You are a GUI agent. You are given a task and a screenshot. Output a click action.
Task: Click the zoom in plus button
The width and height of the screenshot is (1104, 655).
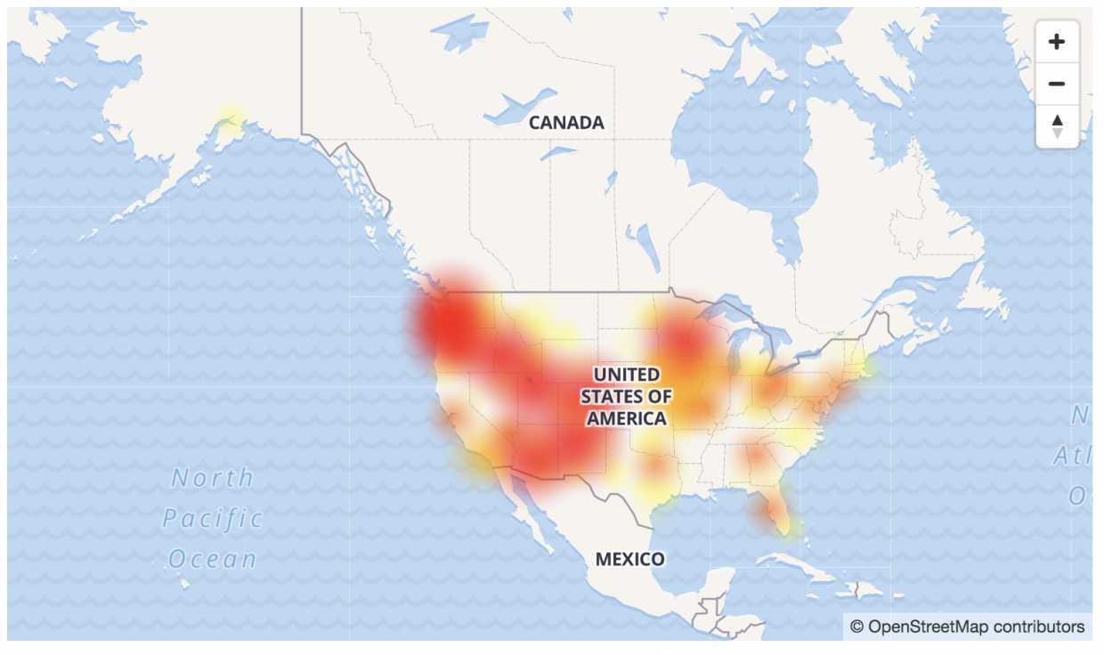point(1057,42)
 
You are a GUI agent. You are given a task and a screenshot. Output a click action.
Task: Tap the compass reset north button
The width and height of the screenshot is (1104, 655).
point(1057,125)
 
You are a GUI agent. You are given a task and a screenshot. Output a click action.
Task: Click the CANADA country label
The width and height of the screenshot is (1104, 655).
point(566,123)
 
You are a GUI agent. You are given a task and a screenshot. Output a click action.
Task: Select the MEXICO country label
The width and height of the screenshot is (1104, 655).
point(629,559)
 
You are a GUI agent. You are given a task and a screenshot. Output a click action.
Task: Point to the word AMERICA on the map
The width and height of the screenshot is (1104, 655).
point(626,418)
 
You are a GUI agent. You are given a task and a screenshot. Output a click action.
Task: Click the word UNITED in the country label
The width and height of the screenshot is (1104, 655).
point(627,374)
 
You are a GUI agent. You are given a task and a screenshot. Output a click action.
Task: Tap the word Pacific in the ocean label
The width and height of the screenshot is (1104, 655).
point(214,519)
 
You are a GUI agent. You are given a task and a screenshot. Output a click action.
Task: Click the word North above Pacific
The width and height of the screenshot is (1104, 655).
point(212,478)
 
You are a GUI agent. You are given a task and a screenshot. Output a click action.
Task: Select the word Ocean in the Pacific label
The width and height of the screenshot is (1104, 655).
point(212,559)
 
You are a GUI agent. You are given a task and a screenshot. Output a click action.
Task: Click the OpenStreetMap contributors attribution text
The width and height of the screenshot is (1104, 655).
point(976,627)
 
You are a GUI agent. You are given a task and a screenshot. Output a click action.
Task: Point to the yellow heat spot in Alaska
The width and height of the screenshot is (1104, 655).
point(230,119)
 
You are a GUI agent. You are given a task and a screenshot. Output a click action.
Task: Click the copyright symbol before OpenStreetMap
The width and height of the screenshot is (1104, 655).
point(856,627)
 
